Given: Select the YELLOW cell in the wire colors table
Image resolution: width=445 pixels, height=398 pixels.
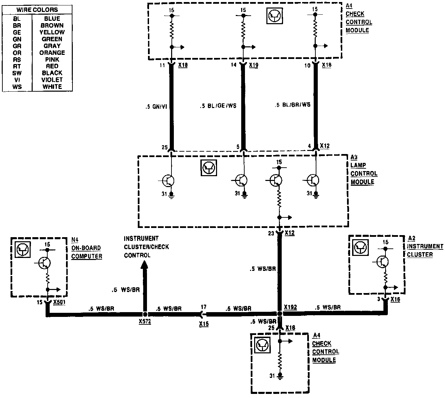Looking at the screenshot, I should coord(52,32).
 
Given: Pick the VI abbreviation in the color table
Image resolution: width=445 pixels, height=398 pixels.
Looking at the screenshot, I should coord(17,80).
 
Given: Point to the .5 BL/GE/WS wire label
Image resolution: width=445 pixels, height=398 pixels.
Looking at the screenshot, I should coord(218,106).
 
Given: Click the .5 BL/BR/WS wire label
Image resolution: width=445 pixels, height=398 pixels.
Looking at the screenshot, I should coord(293,105).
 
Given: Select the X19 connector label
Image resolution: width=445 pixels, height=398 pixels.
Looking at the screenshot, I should coord(253,65).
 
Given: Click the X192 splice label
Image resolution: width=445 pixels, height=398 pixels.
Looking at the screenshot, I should coord(291,307).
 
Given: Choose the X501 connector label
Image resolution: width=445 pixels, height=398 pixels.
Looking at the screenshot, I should coord(60,302).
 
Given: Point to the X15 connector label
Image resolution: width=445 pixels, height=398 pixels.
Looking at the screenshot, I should coord(204,324).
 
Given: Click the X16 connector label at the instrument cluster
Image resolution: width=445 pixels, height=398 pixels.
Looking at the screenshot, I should coord(395,300).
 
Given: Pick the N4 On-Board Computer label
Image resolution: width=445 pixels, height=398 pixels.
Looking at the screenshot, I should coord(86,248).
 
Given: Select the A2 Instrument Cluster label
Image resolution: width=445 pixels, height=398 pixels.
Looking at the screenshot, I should coord(425,246).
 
